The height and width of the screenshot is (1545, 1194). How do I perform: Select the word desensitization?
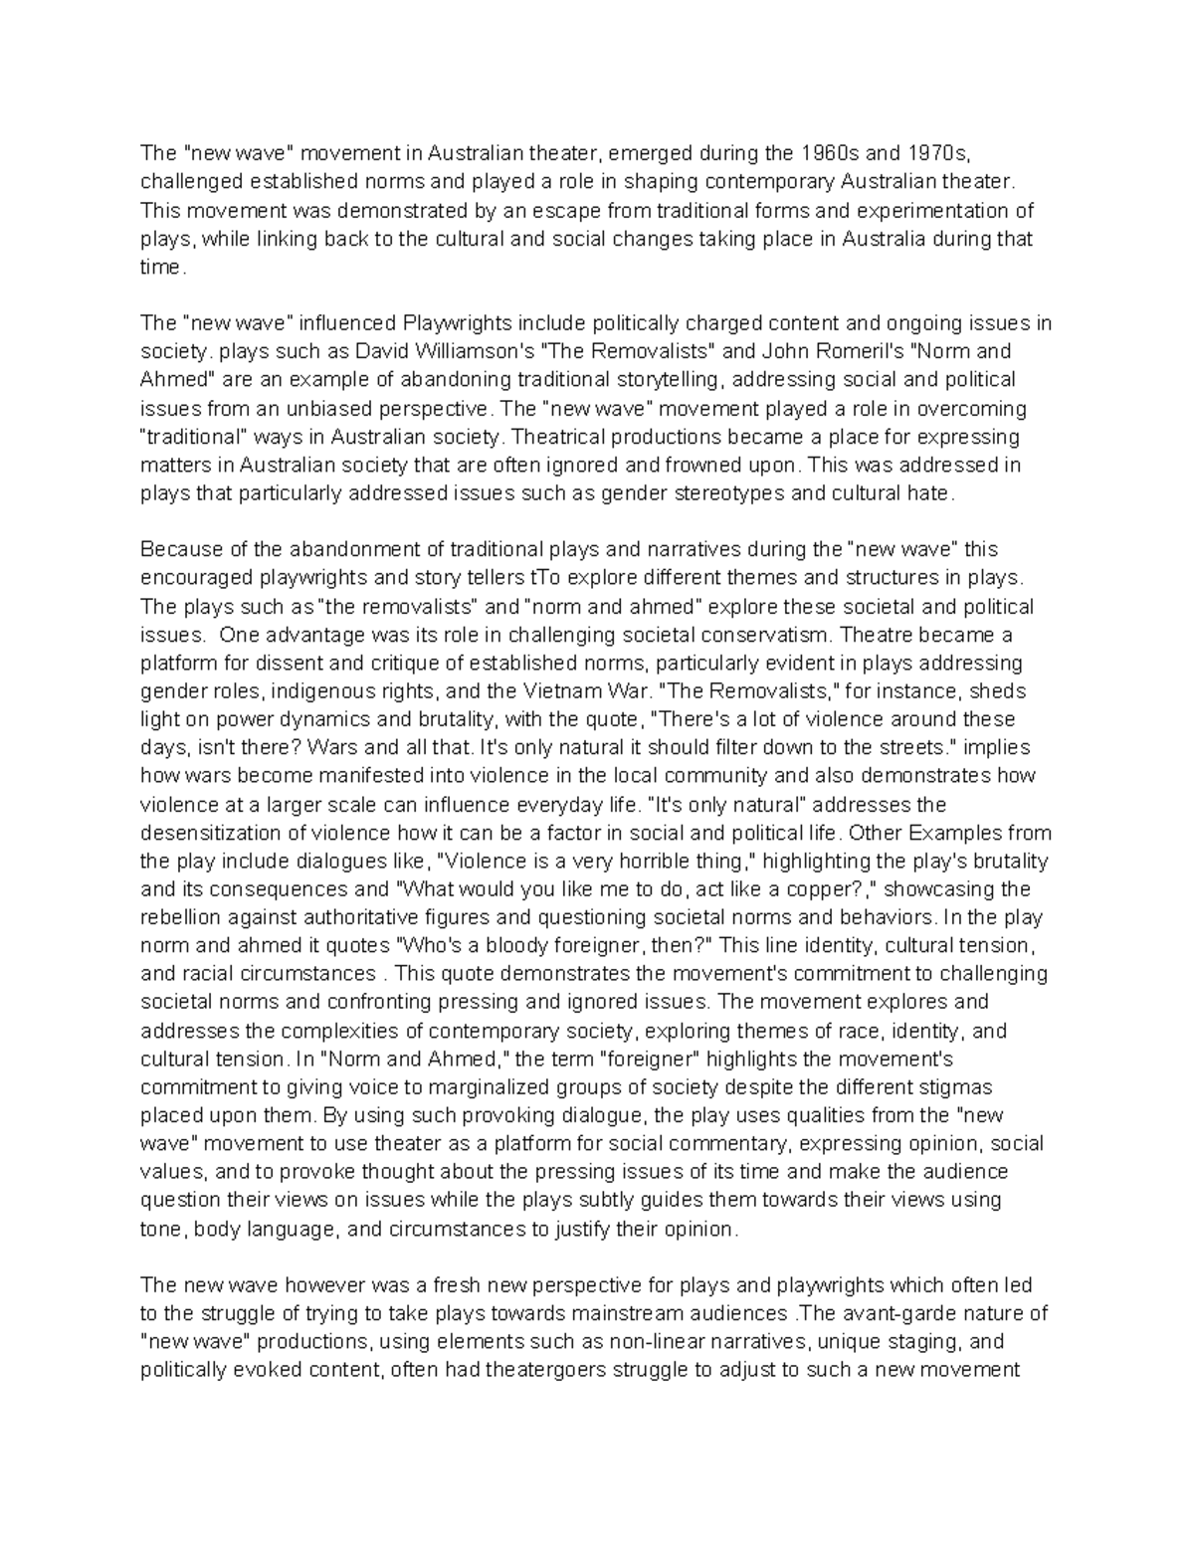pyautogui.click(x=212, y=833)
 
